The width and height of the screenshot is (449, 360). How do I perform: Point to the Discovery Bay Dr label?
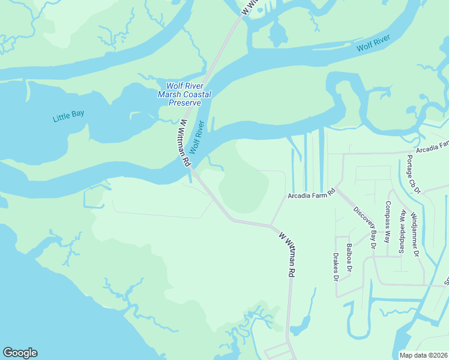(364, 228)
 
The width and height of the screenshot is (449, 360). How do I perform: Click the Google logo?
(20, 353)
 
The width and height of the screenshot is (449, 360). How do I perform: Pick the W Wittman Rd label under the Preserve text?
(184, 143)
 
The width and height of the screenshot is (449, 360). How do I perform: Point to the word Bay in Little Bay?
(77, 114)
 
